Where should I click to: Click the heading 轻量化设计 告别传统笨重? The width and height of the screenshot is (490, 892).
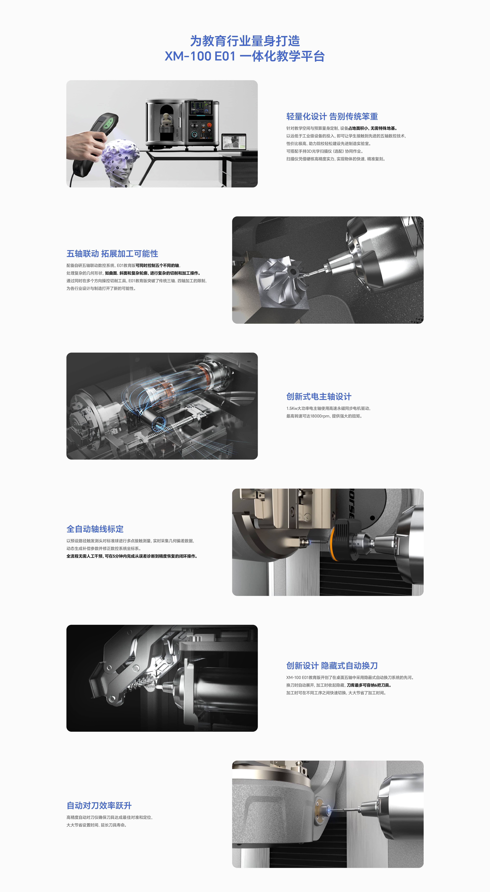[332, 116]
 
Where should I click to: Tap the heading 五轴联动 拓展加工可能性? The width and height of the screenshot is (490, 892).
[112, 253]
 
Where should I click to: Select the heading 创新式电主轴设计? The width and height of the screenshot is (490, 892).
[319, 396]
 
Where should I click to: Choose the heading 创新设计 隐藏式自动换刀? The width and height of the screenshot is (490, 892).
[332, 665]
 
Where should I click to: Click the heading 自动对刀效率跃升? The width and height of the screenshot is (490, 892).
[99, 805]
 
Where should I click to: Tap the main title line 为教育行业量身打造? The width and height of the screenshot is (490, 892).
[245, 41]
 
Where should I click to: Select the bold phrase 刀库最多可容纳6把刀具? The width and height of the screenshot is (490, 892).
[369, 685]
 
